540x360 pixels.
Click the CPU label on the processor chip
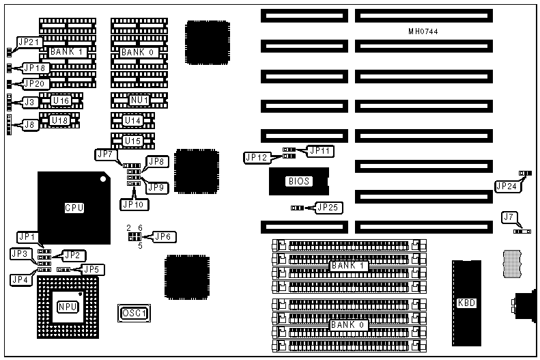[x=74, y=208]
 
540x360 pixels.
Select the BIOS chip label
[x=299, y=181]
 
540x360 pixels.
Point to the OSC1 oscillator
[x=134, y=313]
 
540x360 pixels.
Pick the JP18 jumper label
[x=34, y=68]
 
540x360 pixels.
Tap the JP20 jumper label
[x=34, y=83]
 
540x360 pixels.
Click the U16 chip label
[x=61, y=100]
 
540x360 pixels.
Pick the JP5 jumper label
[x=90, y=268]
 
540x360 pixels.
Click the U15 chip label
[x=133, y=141]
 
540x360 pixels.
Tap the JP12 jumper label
[x=256, y=158]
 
